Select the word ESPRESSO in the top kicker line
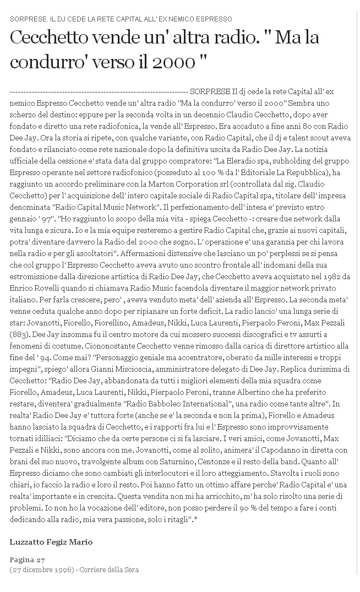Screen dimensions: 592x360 click(x=212, y=19)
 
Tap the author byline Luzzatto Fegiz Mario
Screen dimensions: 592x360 click(x=51, y=542)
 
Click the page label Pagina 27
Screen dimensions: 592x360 click(x=27, y=560)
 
